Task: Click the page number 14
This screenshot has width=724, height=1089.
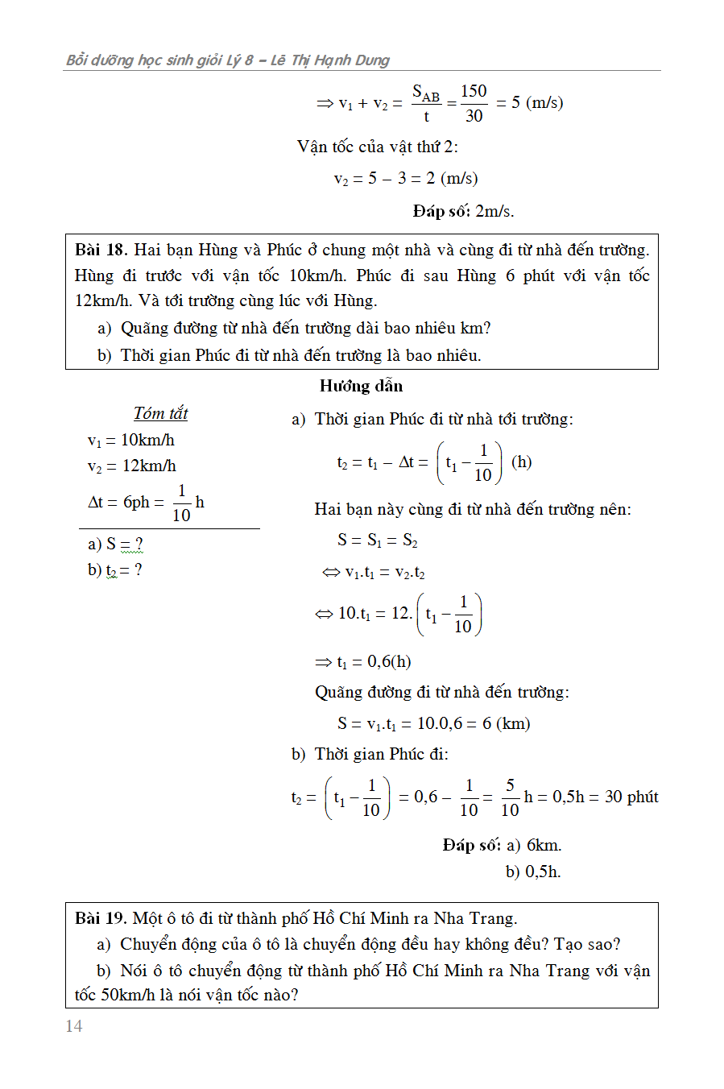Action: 74,1025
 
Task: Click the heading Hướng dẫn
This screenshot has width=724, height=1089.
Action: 361,386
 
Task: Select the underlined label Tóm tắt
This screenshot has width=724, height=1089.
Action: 160,413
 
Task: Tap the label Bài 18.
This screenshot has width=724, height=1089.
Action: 101,250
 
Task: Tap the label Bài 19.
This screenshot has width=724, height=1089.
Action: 101,918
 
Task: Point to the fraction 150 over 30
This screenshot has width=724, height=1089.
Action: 474,103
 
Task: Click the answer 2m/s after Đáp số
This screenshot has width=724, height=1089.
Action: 494,211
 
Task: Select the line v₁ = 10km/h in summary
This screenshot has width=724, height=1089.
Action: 131,440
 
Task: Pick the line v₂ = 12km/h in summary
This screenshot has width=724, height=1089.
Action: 132,466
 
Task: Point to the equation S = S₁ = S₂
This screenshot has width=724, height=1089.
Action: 378,540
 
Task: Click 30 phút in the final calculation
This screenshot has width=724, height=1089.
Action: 631,797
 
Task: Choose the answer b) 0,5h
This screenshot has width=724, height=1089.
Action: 533,871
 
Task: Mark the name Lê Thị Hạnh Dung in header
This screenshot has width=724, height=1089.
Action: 329,60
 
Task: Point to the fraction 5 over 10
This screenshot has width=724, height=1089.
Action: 510,797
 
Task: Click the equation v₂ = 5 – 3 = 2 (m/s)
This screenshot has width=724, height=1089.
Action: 406,178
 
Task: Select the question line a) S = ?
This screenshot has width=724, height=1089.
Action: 115,544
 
